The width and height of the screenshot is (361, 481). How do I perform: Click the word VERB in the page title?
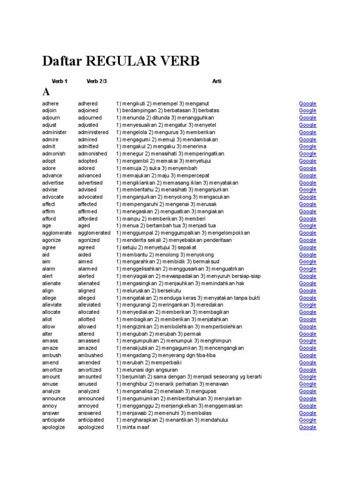(x=176, y=61)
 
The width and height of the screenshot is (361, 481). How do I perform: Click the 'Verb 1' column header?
(x=59, y=81)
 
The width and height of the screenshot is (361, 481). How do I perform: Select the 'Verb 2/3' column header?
(x=97, y=81)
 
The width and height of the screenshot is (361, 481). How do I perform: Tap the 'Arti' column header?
(x=217, y=81)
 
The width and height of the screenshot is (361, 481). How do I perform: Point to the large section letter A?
(x=46, y=92)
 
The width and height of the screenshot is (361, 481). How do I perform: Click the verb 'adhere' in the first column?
(x=50, y=103)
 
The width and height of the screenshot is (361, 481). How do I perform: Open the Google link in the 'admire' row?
(x=308, y=140)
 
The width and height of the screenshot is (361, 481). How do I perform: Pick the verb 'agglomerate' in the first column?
(x=57, y=233)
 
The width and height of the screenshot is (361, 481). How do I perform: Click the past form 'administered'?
(x=93, y=132)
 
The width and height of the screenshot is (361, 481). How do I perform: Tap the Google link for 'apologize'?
(x=308, y=427)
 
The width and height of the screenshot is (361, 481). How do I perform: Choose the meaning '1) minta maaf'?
(x=133, y=427)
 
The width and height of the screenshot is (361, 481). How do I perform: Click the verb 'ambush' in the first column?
(x=51, y=356)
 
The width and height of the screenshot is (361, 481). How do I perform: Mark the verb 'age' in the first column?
(x=46, y=226)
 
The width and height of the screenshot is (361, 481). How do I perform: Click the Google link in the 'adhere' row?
(x=308, y=103)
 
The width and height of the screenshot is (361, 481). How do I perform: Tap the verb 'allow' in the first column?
(x=49, y=326)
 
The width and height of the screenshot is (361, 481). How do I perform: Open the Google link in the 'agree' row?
(x=308, y=248)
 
